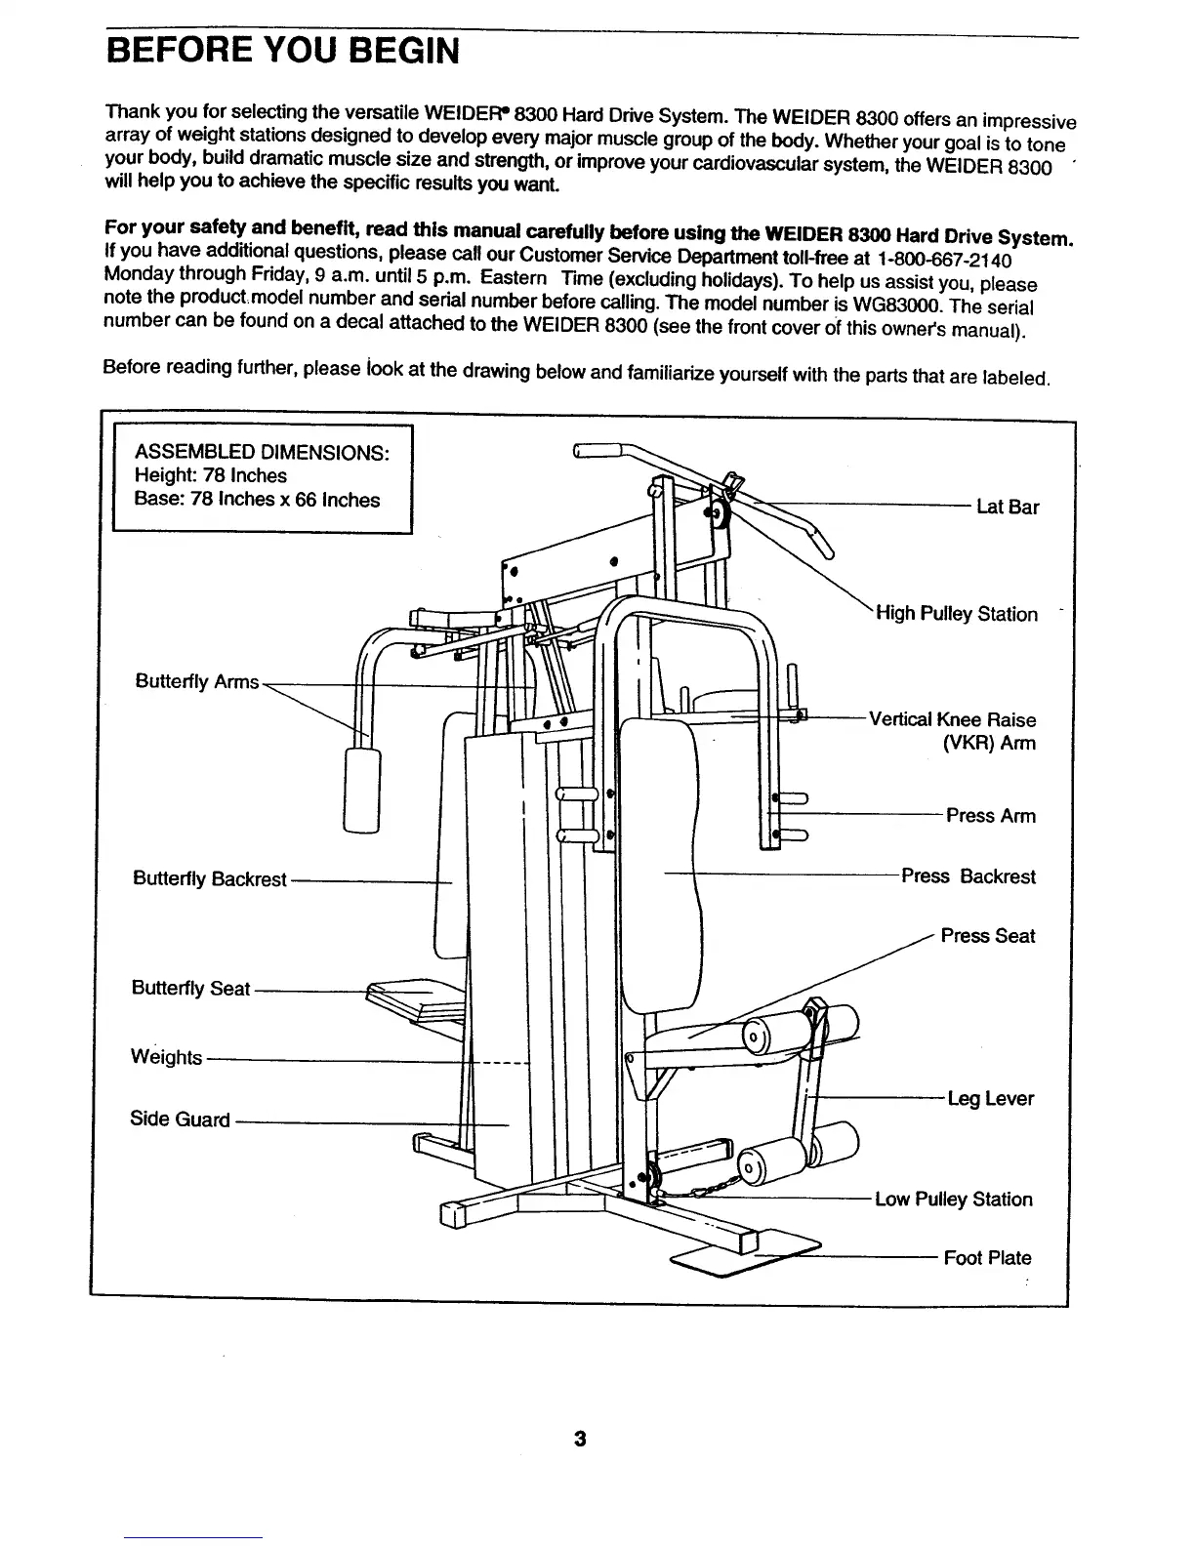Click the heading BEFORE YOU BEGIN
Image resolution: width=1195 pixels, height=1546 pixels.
(x=282, y=49)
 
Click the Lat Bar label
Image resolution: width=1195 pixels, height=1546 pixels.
(x=1008, y=508)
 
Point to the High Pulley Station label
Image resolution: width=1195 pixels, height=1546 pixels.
(x=956, y=615)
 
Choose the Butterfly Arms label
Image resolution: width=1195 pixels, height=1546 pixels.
(x=196, y=682)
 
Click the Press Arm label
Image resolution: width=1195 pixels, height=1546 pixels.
(x=990, y=816)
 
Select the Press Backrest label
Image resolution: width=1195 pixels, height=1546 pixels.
(x=968, y=876)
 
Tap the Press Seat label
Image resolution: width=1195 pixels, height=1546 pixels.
(x=987, y=937)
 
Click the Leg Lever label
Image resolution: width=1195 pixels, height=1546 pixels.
(x=990, y=1100)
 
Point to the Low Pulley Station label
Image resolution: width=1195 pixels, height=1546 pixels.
(x=953, y=1200)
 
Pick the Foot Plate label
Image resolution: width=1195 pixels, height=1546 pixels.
(x=987, y=1258)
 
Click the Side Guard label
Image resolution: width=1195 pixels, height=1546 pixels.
(x=180, y=1119)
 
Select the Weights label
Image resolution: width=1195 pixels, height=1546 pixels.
(x=166, y=1058)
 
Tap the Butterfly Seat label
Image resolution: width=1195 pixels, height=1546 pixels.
(x=190, y=989)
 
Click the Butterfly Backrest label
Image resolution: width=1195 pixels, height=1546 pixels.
(x=209, y=879)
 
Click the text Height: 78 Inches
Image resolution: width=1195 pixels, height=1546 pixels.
(x=210, y=476)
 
